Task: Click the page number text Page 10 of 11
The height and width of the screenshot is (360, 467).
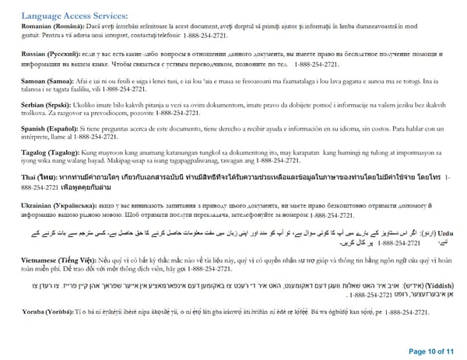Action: tap(427, 350)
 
